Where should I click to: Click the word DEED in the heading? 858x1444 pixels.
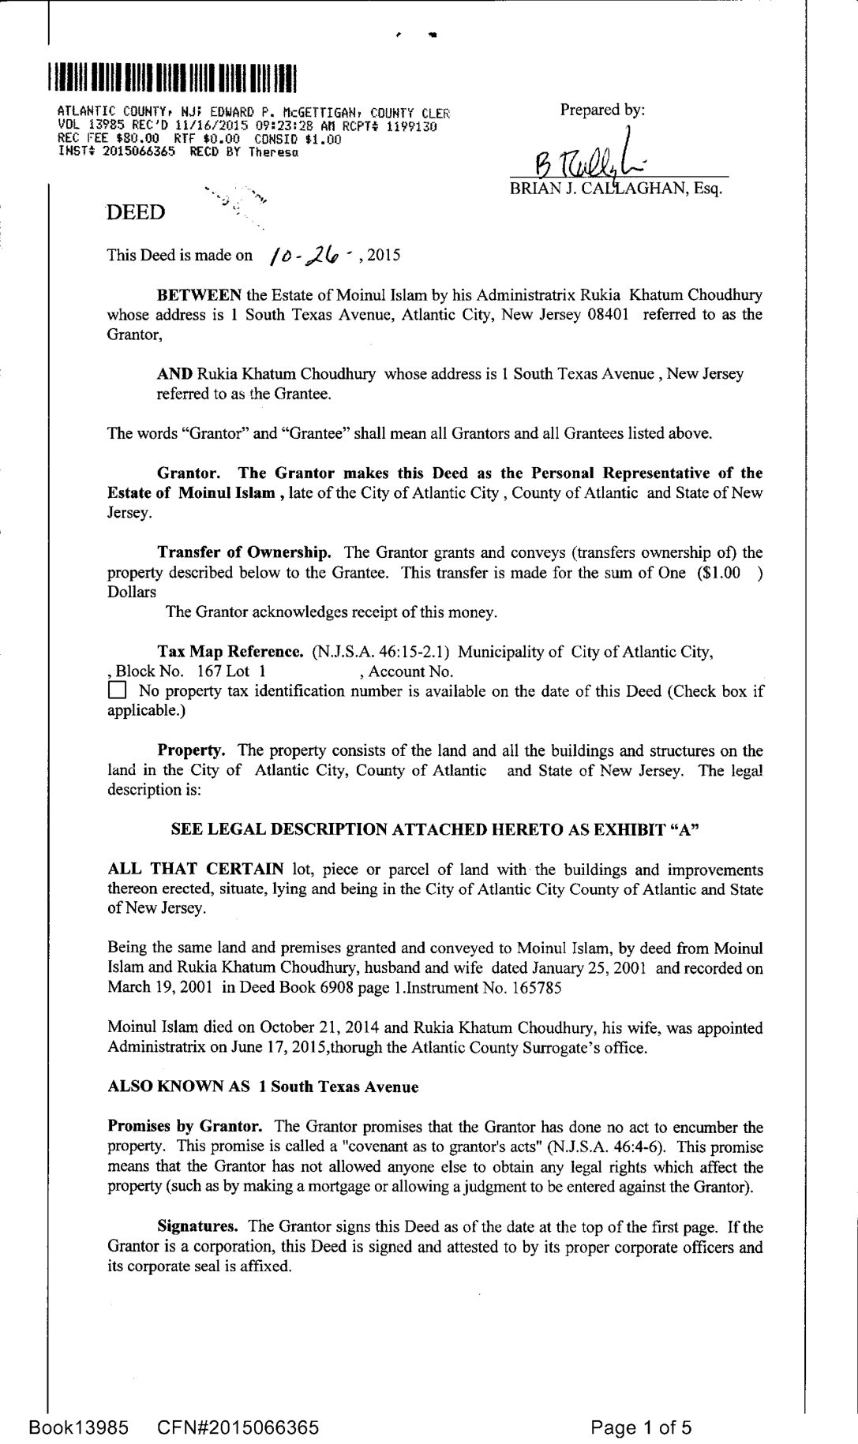click(x=137, y=212)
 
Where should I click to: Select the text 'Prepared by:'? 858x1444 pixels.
click(x=602, y=110)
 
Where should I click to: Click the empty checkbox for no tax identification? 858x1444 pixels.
click(x=116, y=692)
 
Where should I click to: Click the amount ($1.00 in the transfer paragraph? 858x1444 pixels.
click(x=719, y=573)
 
